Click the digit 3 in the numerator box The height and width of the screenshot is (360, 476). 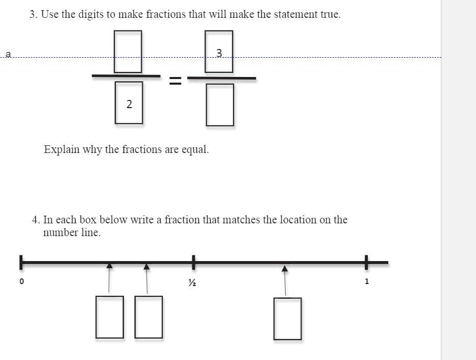(219, 53)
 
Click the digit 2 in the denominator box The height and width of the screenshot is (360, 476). (129, 104)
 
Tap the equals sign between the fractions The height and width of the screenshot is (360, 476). (175, 81)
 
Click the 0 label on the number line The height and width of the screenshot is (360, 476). (21, 281)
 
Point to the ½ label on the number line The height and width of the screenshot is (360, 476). (192, 282)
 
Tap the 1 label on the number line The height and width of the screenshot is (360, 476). (367, 281)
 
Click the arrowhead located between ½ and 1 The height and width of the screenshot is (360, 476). (285, 268)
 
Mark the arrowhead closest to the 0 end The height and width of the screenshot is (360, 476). (109, 265)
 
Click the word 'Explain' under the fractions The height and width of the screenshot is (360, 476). (62, 149)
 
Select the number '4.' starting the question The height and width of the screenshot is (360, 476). (36, 220)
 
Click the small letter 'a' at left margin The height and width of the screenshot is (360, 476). (8, 54)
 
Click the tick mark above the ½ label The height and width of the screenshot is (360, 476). (194, 262)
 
